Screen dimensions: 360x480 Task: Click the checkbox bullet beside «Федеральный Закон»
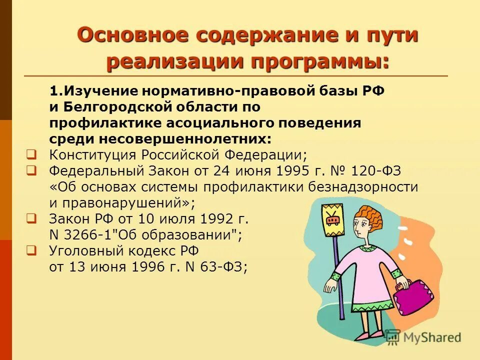pos(31,170)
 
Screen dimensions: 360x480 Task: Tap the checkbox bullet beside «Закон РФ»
pos(31,218)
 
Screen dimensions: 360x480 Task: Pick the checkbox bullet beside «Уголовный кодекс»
pos(31,250)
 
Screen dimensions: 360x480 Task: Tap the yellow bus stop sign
pos(331,220)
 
